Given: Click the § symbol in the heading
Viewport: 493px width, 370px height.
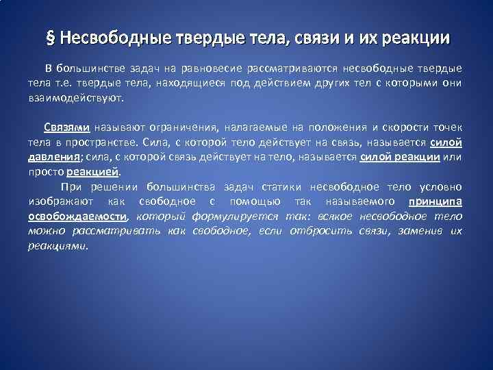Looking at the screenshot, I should coord(49,38).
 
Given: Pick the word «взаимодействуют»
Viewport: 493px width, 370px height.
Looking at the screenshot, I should coord(75,98).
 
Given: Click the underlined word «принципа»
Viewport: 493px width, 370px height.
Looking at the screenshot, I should coord(435,201).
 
